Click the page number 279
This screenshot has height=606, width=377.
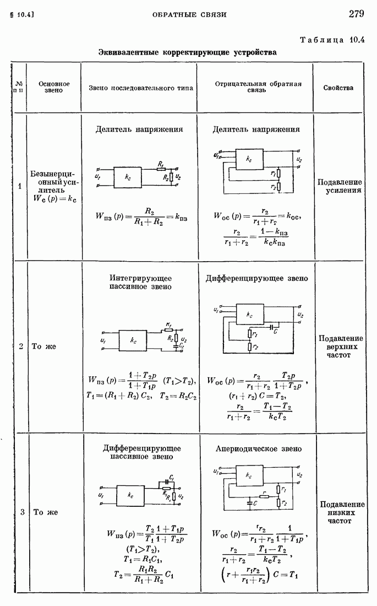pos(360,13)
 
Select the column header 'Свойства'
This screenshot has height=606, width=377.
pos(338,88)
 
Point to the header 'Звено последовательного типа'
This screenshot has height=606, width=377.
pos(141,88)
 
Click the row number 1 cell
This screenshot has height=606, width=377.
pos(20,186)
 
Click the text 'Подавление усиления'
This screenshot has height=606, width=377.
pos(339,186)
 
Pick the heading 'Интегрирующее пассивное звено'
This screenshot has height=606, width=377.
pos(141,282)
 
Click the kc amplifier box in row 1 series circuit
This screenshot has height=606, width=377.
pos(128,177)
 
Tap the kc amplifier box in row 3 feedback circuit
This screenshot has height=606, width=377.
pos(250,475)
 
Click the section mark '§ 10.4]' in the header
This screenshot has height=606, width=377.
pos(23,14)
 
